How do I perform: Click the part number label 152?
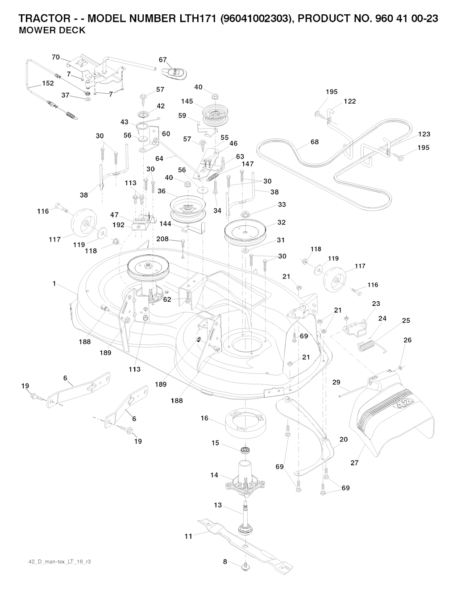48,83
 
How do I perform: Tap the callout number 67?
163,60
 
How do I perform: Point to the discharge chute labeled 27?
393,415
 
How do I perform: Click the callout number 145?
187,101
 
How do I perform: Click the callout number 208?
162,239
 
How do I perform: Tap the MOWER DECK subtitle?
52,31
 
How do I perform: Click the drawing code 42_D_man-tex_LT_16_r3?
57,561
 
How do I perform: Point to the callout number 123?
424,134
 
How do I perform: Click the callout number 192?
118,225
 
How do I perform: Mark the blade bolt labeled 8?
245,566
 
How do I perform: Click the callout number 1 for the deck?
54,283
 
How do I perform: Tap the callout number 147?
248,164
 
